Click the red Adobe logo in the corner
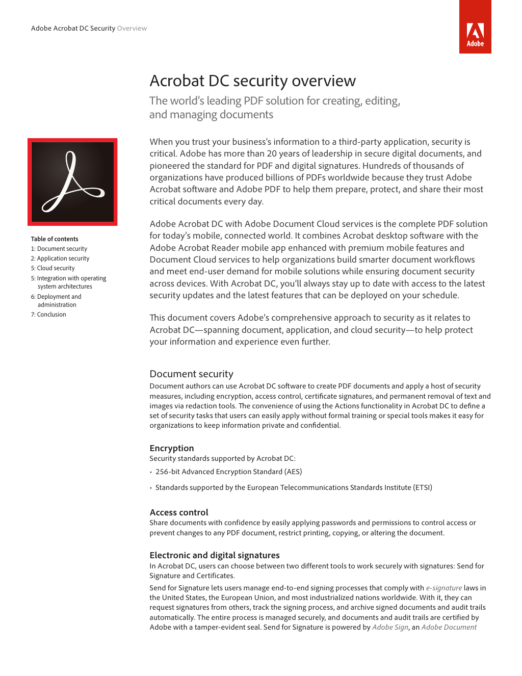coord(475,27)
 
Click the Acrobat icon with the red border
coord(72,182)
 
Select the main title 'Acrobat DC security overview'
coord(252,81)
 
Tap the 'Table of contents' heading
coord(55,239)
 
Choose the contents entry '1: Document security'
coord(59,249)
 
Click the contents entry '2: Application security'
coord(60,258)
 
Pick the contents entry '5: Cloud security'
coord(53,268)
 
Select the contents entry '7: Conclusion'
coord(48,315)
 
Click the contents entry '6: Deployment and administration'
coord(56,301)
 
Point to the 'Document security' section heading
coord(191,374)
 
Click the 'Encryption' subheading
coord(172,448)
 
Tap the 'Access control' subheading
coord(179,512)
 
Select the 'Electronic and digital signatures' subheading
coord(215,555)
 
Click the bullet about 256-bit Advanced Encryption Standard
coord(228,472)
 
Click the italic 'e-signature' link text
coord(443,588)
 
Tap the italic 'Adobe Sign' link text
coord(390,628)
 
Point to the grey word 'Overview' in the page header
coord(132,29)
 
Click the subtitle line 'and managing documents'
coord(211,115)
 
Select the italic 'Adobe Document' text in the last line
coord(449,628)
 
